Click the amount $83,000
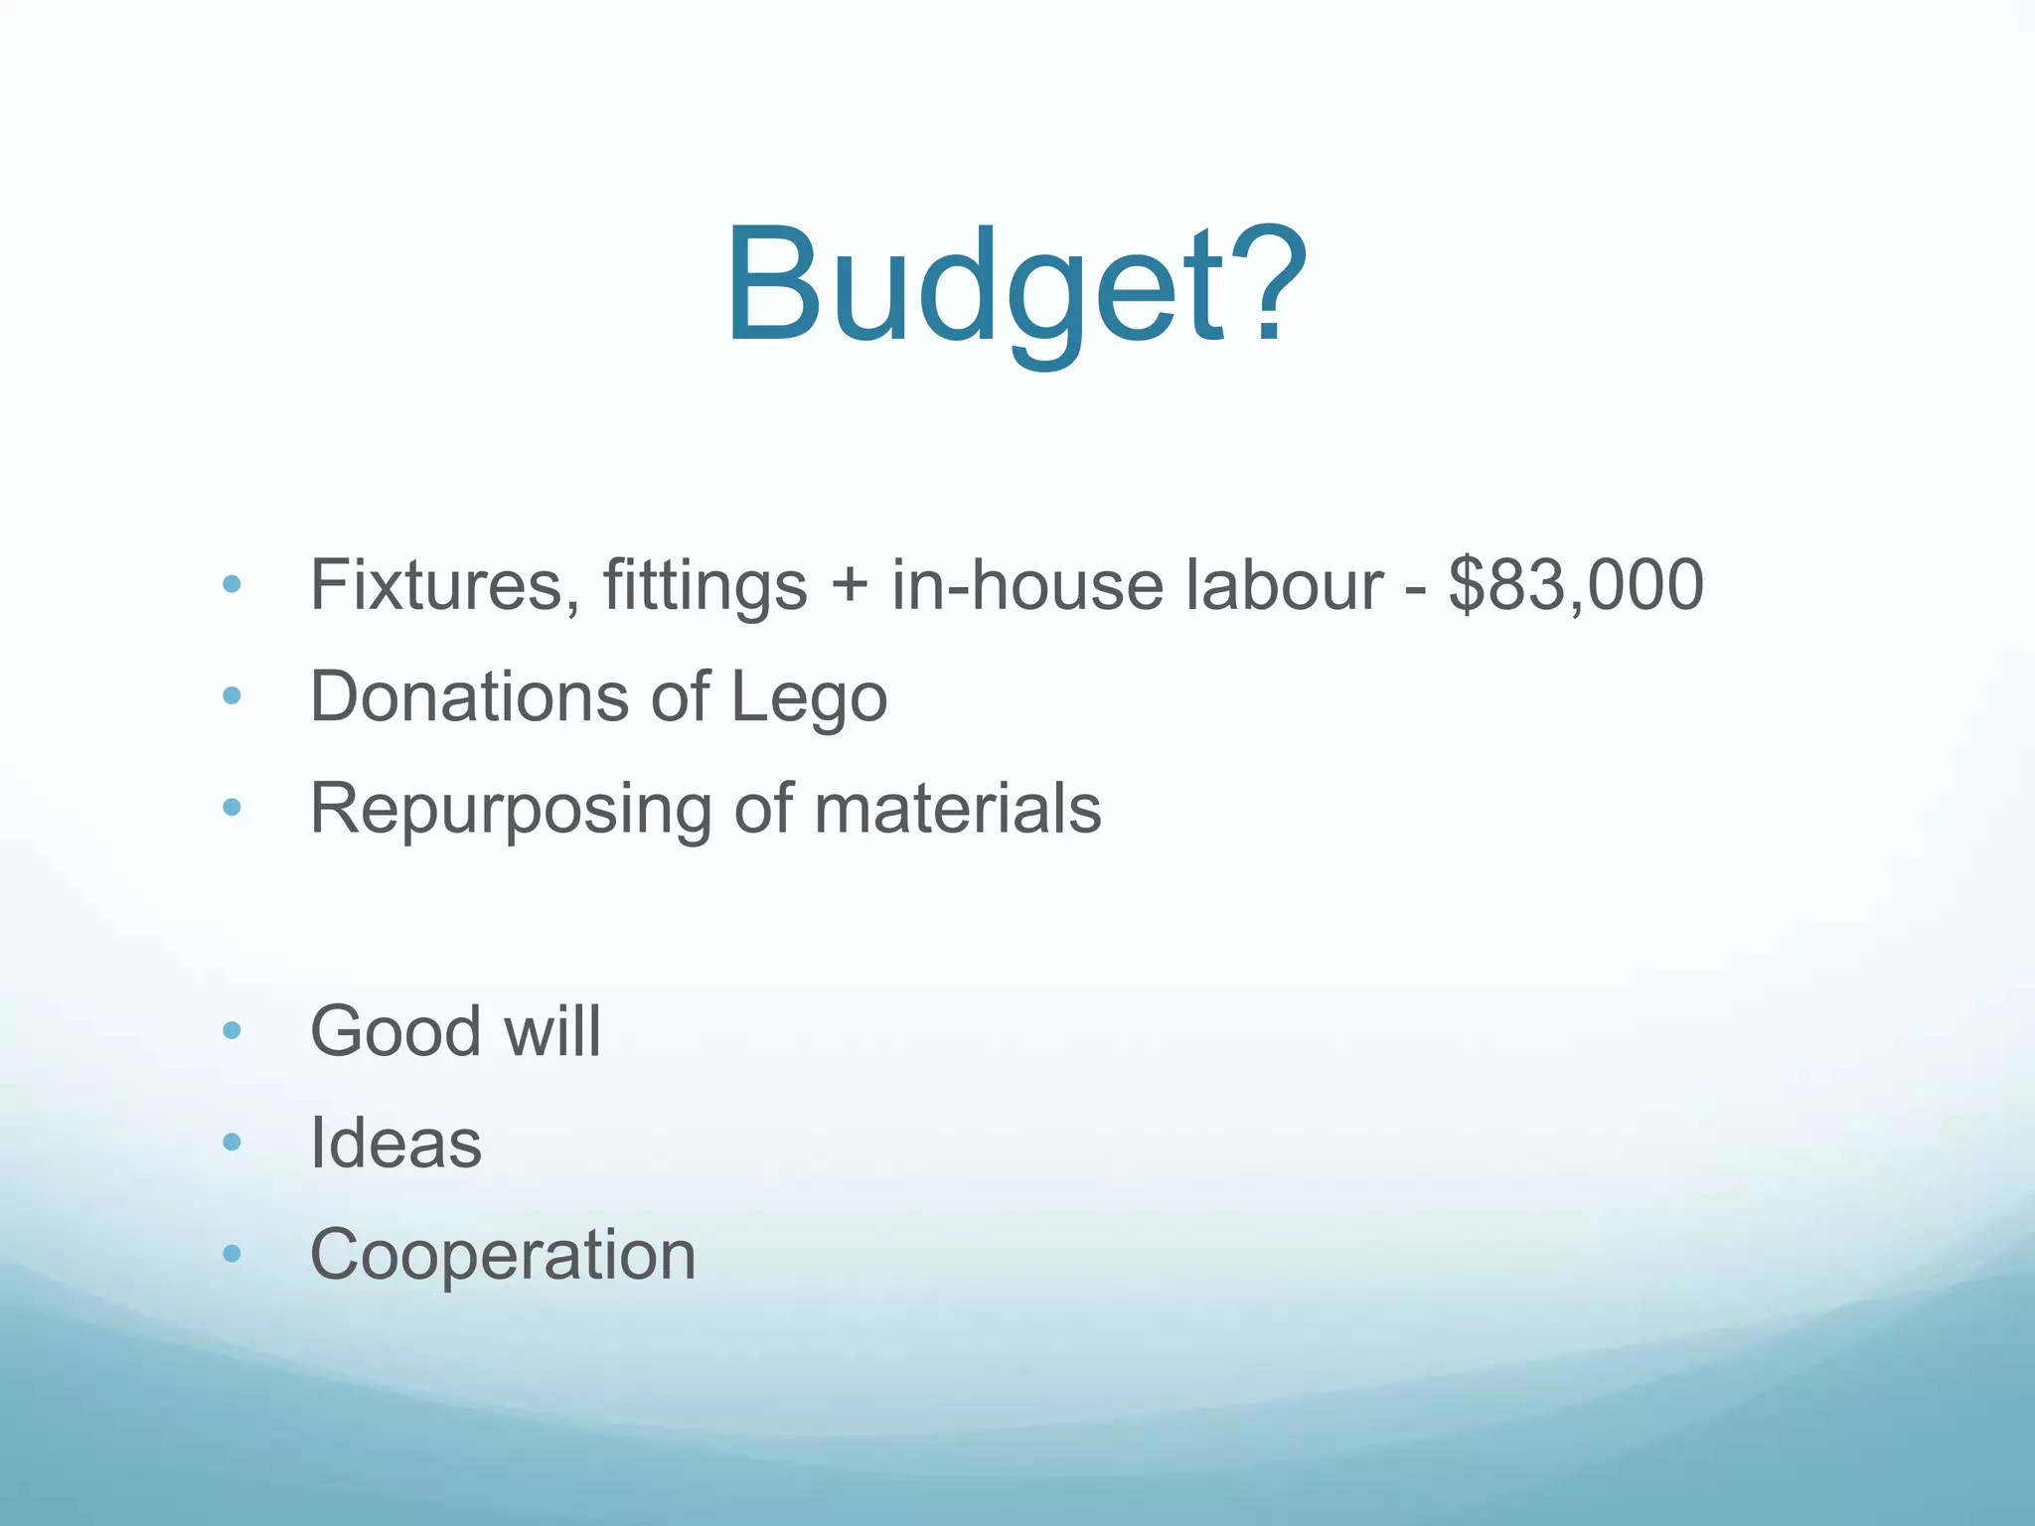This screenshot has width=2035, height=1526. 1576,585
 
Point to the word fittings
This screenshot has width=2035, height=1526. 704,587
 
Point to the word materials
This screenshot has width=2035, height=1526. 958,809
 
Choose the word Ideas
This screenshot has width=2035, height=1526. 395,1143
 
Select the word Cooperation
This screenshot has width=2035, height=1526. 503,1255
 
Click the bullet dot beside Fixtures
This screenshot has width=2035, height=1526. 233,585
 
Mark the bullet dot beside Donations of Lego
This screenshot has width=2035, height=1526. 233,696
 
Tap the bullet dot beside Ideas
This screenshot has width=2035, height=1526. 233,1143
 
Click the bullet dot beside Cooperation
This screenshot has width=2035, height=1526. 233,1254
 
